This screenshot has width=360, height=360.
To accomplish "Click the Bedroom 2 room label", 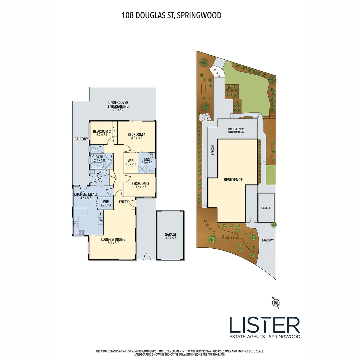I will [x=102, y=131].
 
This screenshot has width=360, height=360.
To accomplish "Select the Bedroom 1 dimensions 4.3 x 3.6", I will [x=137, y=138].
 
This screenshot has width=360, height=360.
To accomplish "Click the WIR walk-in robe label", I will [x=131, y=160].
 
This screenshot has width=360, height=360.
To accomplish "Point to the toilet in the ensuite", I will [x=152, y=156].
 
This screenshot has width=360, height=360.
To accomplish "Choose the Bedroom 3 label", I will [x=140, y=184].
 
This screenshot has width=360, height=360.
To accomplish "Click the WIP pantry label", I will [x=106, y=201].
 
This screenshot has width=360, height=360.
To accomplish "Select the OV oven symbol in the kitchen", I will [x=100, y=220].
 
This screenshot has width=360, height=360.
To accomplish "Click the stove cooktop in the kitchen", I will [x=81, y=232].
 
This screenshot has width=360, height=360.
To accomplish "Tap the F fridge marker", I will [x=100, y=214].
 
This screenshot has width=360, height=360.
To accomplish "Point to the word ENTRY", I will [x=124, y=201].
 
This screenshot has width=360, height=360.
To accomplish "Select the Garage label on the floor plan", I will [x=170, y=234].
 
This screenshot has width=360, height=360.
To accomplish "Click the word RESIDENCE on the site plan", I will [x=233, y=179].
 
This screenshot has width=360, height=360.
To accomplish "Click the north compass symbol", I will [x=276, y=302].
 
